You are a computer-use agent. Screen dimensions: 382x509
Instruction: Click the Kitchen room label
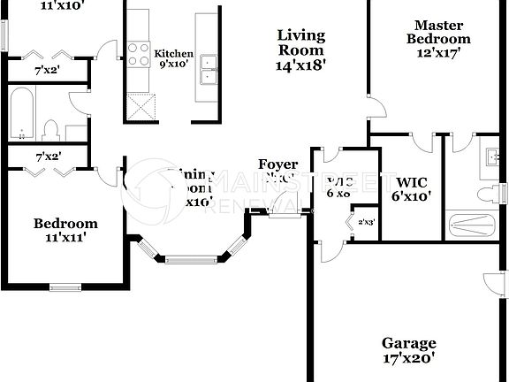coord(173,54)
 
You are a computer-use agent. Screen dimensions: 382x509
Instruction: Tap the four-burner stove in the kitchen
coord(139,55)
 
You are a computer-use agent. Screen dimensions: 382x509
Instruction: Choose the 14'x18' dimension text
coord(300,65)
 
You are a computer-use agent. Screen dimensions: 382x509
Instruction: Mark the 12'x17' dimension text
coord(438,54)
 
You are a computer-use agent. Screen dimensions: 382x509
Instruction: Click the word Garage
coord(408,343)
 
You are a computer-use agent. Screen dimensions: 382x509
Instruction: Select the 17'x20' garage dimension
coord(408,359)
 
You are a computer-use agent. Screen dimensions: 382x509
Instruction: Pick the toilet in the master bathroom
coord(486,194)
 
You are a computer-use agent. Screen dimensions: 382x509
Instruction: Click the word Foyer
coord(277,164)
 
